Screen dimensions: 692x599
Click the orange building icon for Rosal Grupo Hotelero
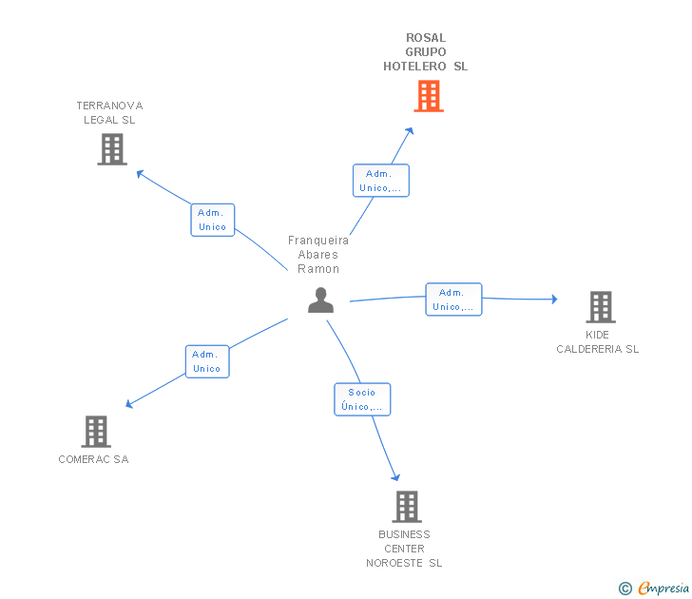coord(429,96)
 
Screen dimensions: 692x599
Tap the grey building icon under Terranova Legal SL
coord(112,149)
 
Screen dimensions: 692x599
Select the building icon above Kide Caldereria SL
coord(601,307)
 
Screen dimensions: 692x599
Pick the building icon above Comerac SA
coord(96,432)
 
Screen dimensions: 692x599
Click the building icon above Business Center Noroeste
coord(407,507)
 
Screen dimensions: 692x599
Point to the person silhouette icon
coord(321,300)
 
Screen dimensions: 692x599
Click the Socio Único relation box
coord(362,399)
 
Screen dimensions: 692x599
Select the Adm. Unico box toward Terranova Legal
coord(213,220)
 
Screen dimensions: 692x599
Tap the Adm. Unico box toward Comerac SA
coord(207,361)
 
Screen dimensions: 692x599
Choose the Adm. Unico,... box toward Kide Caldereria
coord(453,299)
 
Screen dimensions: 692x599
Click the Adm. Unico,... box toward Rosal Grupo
coord(381,181)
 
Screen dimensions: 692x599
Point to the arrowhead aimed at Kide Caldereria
coord(554,299)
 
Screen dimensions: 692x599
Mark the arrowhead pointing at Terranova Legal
coord(141,173)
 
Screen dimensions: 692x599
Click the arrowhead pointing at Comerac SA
coord(129,403)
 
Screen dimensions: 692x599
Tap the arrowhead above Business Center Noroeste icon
coord(395,476)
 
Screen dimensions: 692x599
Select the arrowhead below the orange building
coord(410,131)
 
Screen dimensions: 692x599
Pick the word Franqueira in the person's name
coord(318,241)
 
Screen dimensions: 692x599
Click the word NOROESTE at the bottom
coord(394,563)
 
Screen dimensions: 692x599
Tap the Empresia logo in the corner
coord(654,588)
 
